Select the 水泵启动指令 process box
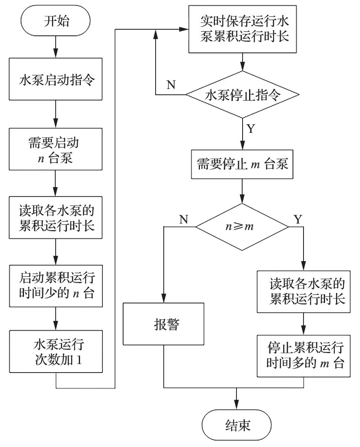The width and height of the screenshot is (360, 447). tap(56, 80)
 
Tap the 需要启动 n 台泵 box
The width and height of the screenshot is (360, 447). tap(56, 150)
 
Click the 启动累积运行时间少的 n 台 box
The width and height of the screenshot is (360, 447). tap(56, 286)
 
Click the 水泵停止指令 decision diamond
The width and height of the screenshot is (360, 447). tap(243, 95)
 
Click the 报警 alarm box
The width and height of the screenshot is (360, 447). tap(163, 325)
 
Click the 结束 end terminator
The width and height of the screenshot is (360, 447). tap(236, 425)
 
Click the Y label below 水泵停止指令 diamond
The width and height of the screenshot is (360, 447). tap(252, 129)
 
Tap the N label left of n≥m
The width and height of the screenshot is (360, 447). tap(184, 220)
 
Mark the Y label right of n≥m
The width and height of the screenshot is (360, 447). tap(297, 220)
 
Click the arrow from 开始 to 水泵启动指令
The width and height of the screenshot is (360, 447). tap(56, 48)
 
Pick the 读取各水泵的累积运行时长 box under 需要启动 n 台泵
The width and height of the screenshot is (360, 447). tap(56, 218)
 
